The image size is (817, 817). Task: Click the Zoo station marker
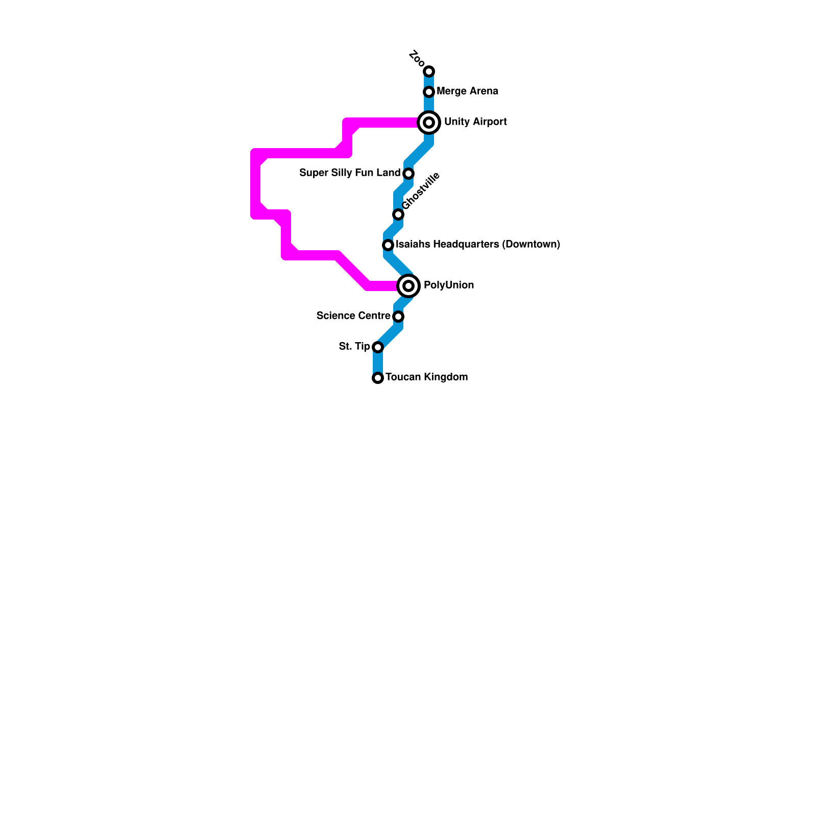pyautogui.click(x=429, y=71)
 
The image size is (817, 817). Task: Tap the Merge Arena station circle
pyautogui.click(x=429, y=92)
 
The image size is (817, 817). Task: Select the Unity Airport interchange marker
pyautogui.click(x=429, y=123)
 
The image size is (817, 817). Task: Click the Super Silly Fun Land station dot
pyautogui.click(x=408, y=174)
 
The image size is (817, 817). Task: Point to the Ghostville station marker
pyautogui.click(x=398, y=214)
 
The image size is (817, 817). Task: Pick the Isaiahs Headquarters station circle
pyautogui.click(x=388, y=245)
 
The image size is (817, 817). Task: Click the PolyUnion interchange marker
pyautogui.click(x=408, y=286)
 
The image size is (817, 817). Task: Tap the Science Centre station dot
pyautogui.click(x=398, y=317)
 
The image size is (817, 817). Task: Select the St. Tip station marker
pyautogui.click(x=378, y=347)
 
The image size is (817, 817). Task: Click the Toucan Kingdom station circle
pyautogui.click(x=378, y=378)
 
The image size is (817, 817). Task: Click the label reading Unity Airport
pyautogui.click(x=475, y=122)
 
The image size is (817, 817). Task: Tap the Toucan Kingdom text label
pyautogui.click(x=426, y=377)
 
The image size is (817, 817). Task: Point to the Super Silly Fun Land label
pyautogui.click(x=350, y=173)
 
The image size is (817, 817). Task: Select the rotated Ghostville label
pyautogui.click(x=421, y=191)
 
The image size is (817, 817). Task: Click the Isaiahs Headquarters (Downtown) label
pyautogui.click(x=477, y=245)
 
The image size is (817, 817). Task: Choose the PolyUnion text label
pyautogui.click(x=448, y=285)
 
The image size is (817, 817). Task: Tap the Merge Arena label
pyautogui.click(x=467, y=91)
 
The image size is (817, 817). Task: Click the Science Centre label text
pyautogui.click(x=353, y=316)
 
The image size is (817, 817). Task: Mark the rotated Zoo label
pyautogui.click(x=417, y=58)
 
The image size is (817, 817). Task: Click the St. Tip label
pyautogui.click(x=354, y=347)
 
